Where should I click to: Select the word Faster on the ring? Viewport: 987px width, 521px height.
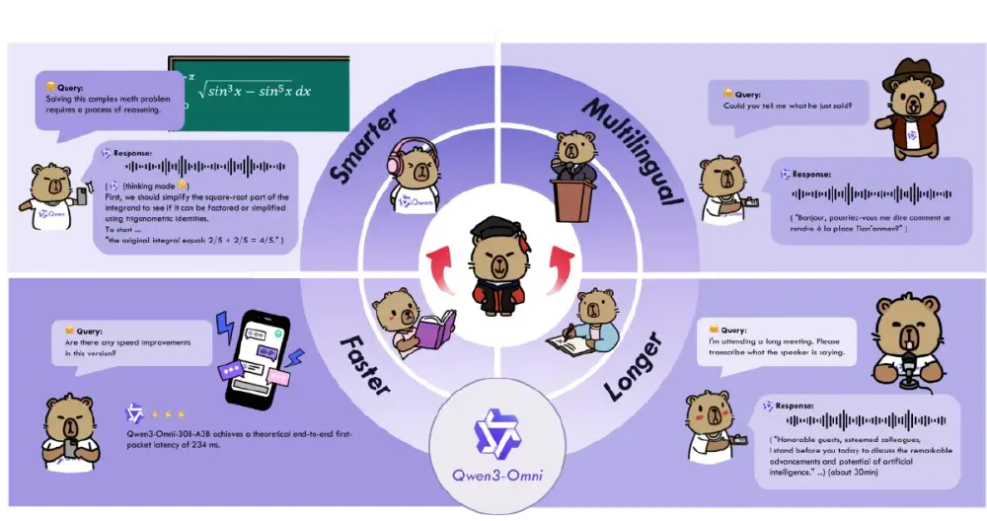[x=364, y=370]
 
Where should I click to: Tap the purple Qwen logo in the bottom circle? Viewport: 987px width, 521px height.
[x=494, y=430]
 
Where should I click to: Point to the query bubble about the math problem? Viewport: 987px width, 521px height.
[x=110, y=100]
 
